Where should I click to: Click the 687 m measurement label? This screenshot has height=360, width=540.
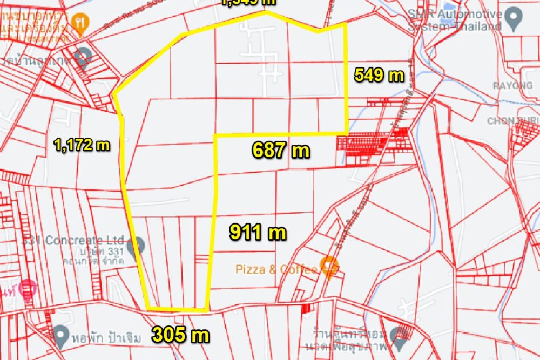click(281, 150)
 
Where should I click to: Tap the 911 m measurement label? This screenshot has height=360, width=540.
click(258, 233)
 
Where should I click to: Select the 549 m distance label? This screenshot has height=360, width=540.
click(379, 75)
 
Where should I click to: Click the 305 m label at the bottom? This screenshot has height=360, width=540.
click(180, 335)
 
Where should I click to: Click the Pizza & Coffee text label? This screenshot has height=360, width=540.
click(276, 269)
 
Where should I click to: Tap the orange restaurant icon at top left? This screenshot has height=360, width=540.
click(81, 23)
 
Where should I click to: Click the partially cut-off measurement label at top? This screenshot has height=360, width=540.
click(248, 2)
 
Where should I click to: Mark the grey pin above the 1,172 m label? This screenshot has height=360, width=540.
click(83, 56)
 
